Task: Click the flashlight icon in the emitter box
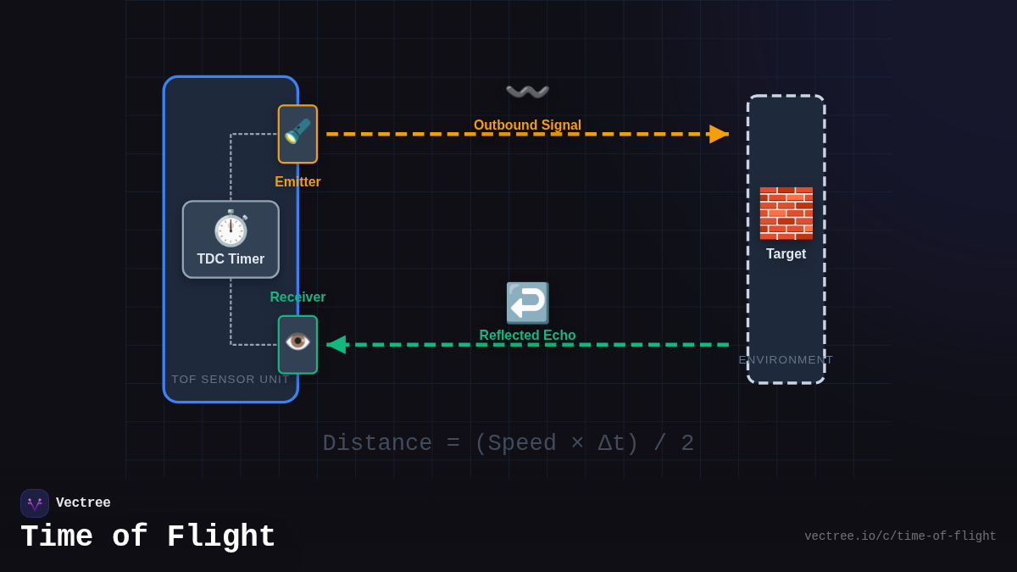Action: coord(297,132)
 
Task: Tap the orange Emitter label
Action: coord(297,182)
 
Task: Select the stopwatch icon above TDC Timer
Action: coord(231,228)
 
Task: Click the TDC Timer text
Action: coord(231,259)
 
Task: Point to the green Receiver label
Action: coord(297,297)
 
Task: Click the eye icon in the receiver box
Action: coord(297,342)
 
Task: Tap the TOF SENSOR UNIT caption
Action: coord(231,380)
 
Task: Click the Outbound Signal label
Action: coord(527,125)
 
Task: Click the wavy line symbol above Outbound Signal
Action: coord(527,92)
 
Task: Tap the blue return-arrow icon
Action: coord(527,303)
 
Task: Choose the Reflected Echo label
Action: coord(527,336)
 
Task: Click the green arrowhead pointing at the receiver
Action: coord(336,345)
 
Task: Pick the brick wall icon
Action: coord(786,213)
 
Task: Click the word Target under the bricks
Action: coord(786,254)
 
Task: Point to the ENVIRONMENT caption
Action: coord(786,360)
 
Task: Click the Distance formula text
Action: coord(508,443)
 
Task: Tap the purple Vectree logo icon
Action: coord(35,503)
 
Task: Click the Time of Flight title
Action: coord(148,537)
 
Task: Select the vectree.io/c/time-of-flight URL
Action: coord(900,536)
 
